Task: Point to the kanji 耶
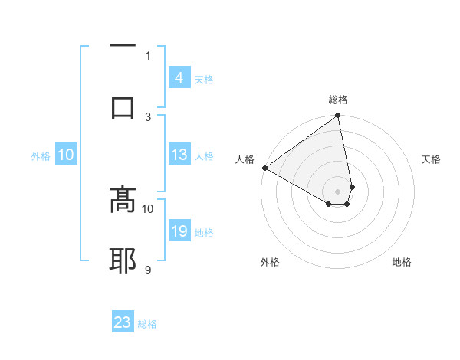tap(123, 260)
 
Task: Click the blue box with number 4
tap(179, 78)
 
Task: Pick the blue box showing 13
tap(179, 155)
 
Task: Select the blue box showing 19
tap(179, 231)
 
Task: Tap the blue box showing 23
tap(123, 322)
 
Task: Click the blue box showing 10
tap(66, 155)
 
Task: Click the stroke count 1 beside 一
tap(148, 55)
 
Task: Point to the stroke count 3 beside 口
tap(148, 116)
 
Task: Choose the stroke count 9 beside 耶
tap(148, 270)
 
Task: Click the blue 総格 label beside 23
tap(147, 324)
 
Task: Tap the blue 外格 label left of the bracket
tap(41, 156)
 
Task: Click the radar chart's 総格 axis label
tap(338, 100)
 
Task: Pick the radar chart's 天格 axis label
tap(431, 159)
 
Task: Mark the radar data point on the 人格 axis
tap(264, 168)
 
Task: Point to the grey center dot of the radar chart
tap(338, 191)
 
